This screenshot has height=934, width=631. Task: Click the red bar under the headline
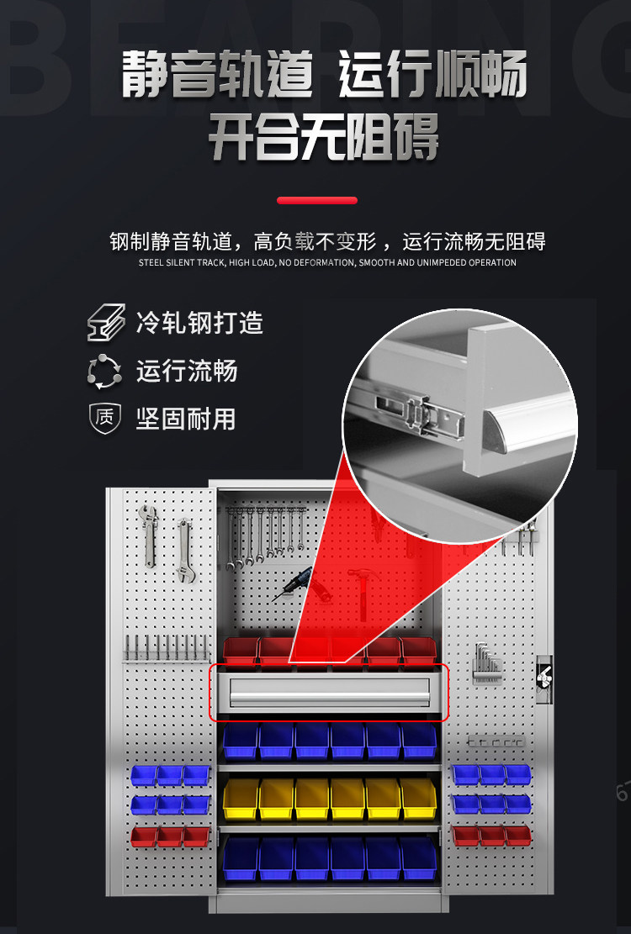pyautogui.click(x=317, y=201)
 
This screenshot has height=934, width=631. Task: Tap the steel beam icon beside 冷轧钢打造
pyautogui.click(x=106, y=324)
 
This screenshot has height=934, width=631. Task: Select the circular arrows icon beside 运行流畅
pyautogui.click(x=105, y=372)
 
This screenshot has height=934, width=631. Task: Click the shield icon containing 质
pyautogui.click(x=105, y=419)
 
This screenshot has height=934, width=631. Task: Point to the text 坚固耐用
pyautogui.click(x=186, y=419)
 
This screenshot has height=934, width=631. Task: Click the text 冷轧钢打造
pyautogui.click(x=199, y=323)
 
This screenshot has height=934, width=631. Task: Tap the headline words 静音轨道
pyautogui.click(x=217, y=75)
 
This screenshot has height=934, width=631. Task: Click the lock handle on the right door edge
pyautogui.click(x=544, y=678)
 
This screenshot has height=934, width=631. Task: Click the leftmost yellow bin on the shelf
pyautogui.click(x=241, y=798)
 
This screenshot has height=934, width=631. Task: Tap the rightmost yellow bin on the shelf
pyautogui.click(x=418, y=798)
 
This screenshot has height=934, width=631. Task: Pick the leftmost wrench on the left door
pyautogui.click(x=149, y=536)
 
